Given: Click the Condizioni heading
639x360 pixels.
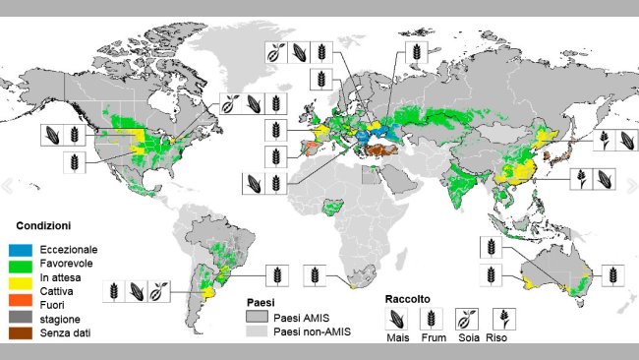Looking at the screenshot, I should pos(43,225).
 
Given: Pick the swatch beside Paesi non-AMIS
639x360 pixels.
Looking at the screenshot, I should pos(256,334).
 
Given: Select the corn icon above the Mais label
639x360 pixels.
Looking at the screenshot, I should pos(397,318).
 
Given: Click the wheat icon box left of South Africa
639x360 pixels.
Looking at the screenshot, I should pos(314,274).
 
